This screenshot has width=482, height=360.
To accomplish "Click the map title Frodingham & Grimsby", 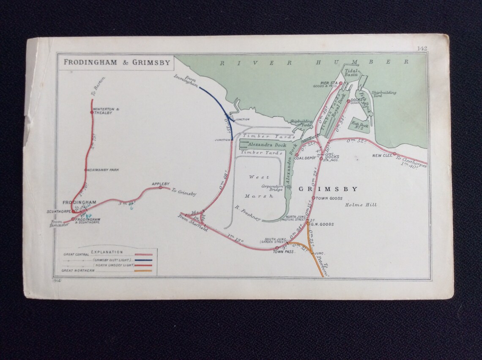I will pyautogui.click(x=117, y=63).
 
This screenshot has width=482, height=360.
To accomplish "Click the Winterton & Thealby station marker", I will pyautogui.click(x=92, y=112).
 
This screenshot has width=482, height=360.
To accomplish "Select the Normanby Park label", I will pyautogui.click(x=103, y=170).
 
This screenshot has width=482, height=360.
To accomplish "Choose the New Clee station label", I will pyautogui.click(x=380, y=156).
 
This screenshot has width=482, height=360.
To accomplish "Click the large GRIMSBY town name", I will pyautogui.click(x=328, y=190).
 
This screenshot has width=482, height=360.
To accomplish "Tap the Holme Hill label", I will pyautogui.click(x=360, y=205).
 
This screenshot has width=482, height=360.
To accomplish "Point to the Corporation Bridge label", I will pyautogui.click(x=272, y=188).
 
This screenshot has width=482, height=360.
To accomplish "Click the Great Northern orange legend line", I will pyautogui.click(x=143, y=270).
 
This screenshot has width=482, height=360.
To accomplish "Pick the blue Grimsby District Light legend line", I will pyautogui.click(x=143, y=260).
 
